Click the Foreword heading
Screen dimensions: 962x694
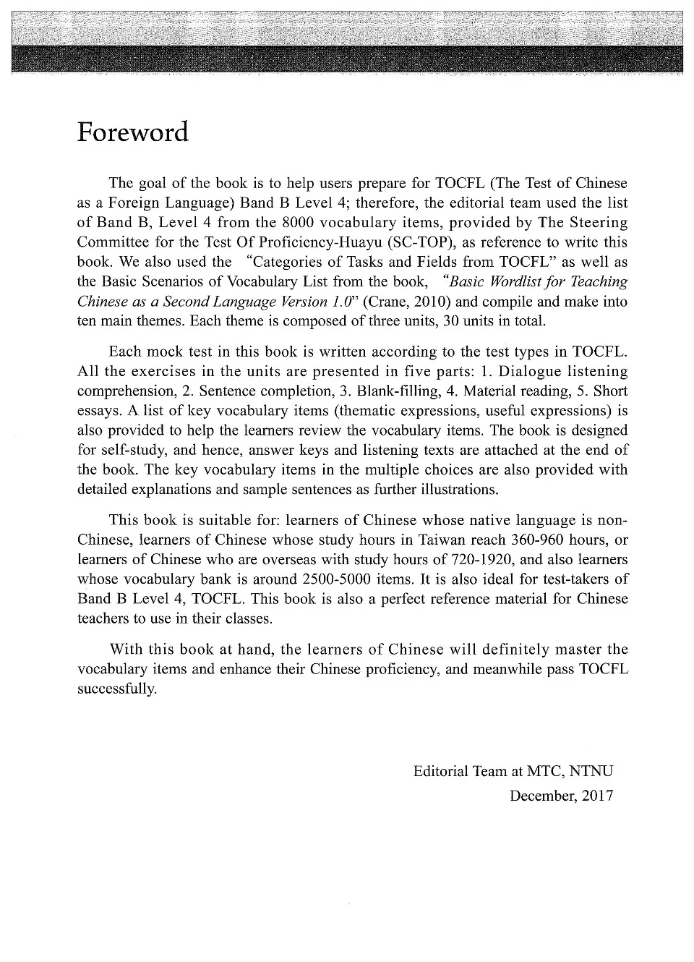133,132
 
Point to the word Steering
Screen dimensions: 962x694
597,223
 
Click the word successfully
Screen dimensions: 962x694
116,688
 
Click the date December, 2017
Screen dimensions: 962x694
561,796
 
